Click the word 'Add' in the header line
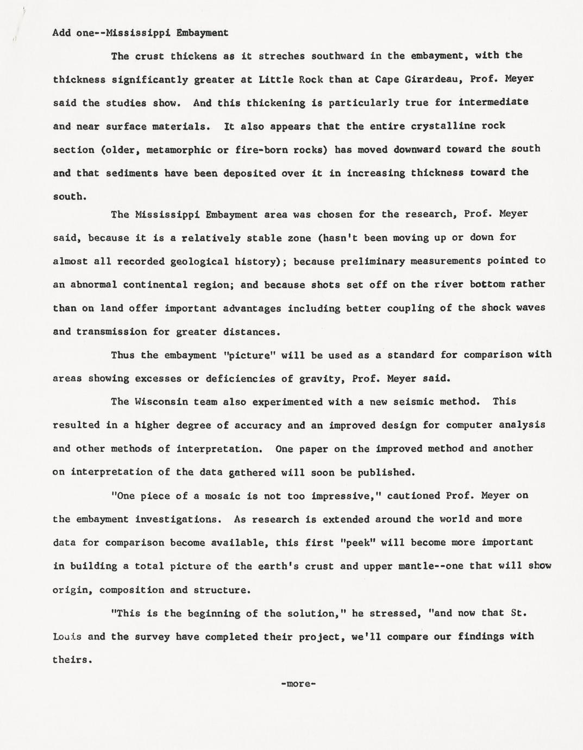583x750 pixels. (61, 33)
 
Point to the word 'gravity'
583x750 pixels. (319, 378)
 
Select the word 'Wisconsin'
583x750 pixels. (161, 402)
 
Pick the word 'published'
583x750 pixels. (387, 472)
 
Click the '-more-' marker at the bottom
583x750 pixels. (298, 684)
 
